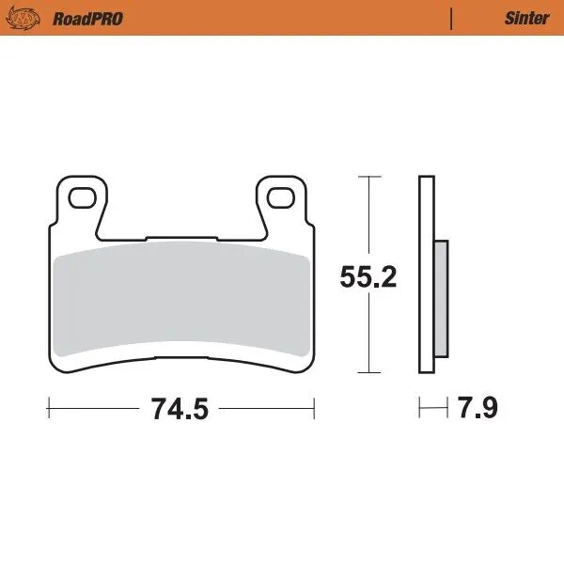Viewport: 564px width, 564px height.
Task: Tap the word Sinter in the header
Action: click(x=526, y=18)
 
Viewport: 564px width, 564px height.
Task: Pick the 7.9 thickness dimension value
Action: click(x=478, y=409)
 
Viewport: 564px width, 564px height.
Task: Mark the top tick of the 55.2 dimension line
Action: click(x=369, y=176)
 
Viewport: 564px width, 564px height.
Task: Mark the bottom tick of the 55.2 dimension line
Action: click(x=369, y=374)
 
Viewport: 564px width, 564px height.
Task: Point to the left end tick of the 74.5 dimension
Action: click(x=48, y=409)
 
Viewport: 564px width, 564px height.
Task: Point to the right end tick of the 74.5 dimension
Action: click(x=314, y=409)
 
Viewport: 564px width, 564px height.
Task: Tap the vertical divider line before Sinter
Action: click(x=452, y=18)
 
